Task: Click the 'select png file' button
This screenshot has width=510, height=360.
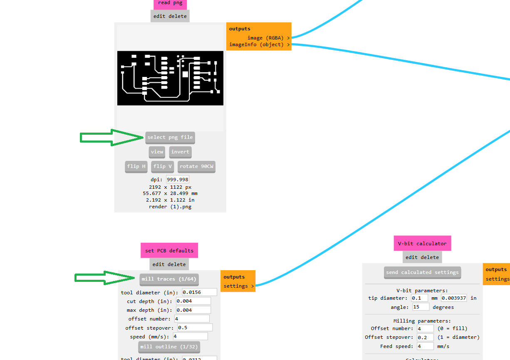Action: point(170,138)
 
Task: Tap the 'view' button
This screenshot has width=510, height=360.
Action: point(157,152)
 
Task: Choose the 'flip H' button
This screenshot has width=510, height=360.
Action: point(136,167)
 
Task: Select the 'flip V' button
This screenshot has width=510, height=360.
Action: point(163,167)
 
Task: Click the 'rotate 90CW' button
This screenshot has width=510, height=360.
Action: point(196,167)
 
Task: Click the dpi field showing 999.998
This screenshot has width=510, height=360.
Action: point(178,180)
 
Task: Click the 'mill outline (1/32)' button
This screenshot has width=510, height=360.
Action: point(169,347)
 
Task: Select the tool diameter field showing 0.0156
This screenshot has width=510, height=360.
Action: point(199,292)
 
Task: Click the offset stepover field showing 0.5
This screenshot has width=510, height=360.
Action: point(195,328)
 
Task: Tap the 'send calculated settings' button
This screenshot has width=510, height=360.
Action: point(422,272)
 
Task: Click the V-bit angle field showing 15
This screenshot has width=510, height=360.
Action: point(421,307)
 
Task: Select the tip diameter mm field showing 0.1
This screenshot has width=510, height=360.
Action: point(419,298)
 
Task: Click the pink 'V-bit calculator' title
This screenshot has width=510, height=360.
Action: point(422,244)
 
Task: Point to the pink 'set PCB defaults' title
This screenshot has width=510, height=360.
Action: point(169,251)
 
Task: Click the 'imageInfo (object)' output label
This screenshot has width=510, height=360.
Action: point(256,44)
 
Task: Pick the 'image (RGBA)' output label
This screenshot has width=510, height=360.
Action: point(265,38)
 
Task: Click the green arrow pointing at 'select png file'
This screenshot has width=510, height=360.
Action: point(111,138)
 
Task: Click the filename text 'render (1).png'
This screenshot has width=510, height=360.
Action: point(170,207)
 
